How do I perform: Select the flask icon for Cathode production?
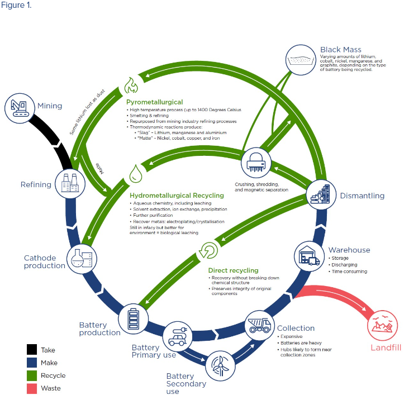point(82,258)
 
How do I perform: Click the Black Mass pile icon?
point(302,58)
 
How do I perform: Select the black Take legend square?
point(32,350)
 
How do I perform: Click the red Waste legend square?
point(32,388)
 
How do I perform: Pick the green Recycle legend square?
point(32,375)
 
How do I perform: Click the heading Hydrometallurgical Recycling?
point(177,196)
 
